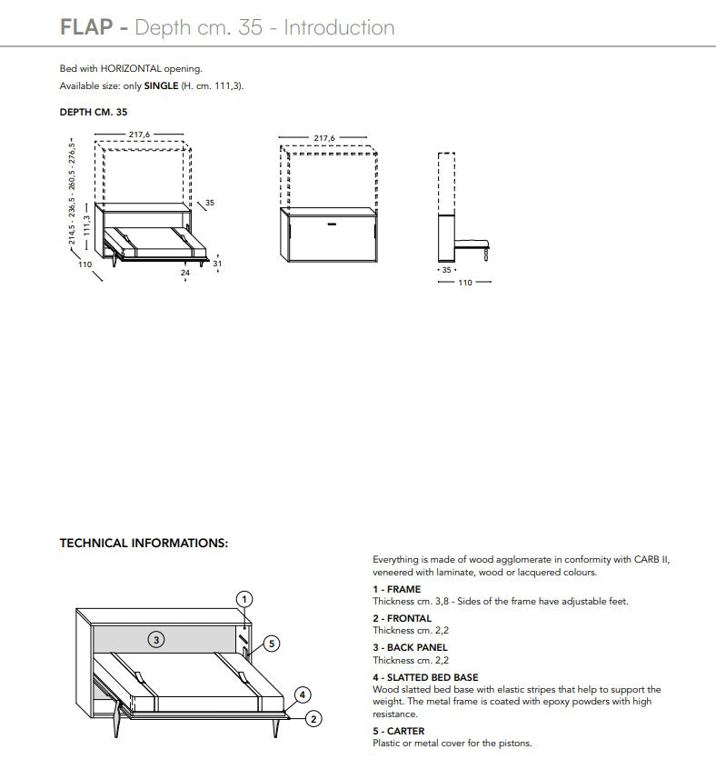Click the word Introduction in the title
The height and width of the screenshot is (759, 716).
[x=339, y=27]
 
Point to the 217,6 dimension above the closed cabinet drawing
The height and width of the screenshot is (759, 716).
[x=324, y=139]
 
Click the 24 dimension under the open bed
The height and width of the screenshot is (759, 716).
[x=184, y=272]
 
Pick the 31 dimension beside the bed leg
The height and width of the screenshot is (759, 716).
[x=217, y=264]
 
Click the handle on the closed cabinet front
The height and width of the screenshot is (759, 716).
[x=331, y=223]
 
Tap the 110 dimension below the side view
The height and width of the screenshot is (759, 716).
[x=463, y=283]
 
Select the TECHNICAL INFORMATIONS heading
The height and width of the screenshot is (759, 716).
[x=144, y=544]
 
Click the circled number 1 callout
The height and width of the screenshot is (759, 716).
[x=244, y=599]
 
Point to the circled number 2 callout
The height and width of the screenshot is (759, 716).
[x=313, y=719]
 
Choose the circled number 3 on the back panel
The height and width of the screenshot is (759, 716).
[x=156, y=640]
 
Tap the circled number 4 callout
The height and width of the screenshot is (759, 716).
[x=303, y=695]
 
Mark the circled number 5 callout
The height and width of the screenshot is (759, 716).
[x=270, y=644]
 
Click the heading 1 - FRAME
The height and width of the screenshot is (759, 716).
[x=397, y=589]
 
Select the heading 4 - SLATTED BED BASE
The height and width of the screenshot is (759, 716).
[x=425, y=677]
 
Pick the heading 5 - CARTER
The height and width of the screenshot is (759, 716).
[x=399, y=731]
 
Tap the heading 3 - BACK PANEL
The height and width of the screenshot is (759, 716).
[x=410, y=648]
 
